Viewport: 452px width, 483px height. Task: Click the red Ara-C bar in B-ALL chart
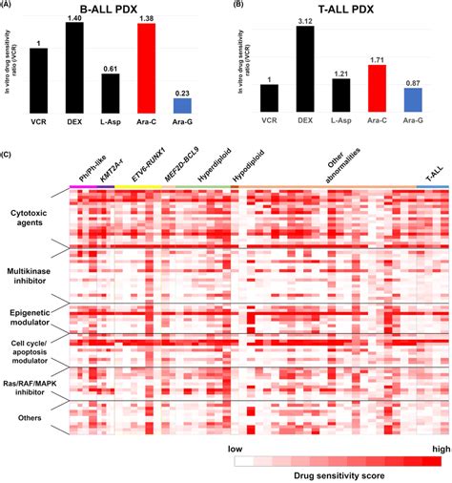(146, 67)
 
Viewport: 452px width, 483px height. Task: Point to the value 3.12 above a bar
(305, 22)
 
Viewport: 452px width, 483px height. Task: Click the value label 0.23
(181, 92)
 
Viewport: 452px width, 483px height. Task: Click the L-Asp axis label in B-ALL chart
(111, 119)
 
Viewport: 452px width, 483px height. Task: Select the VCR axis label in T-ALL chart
(269, 119)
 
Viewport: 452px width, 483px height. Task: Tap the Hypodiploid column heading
(245, 169)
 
